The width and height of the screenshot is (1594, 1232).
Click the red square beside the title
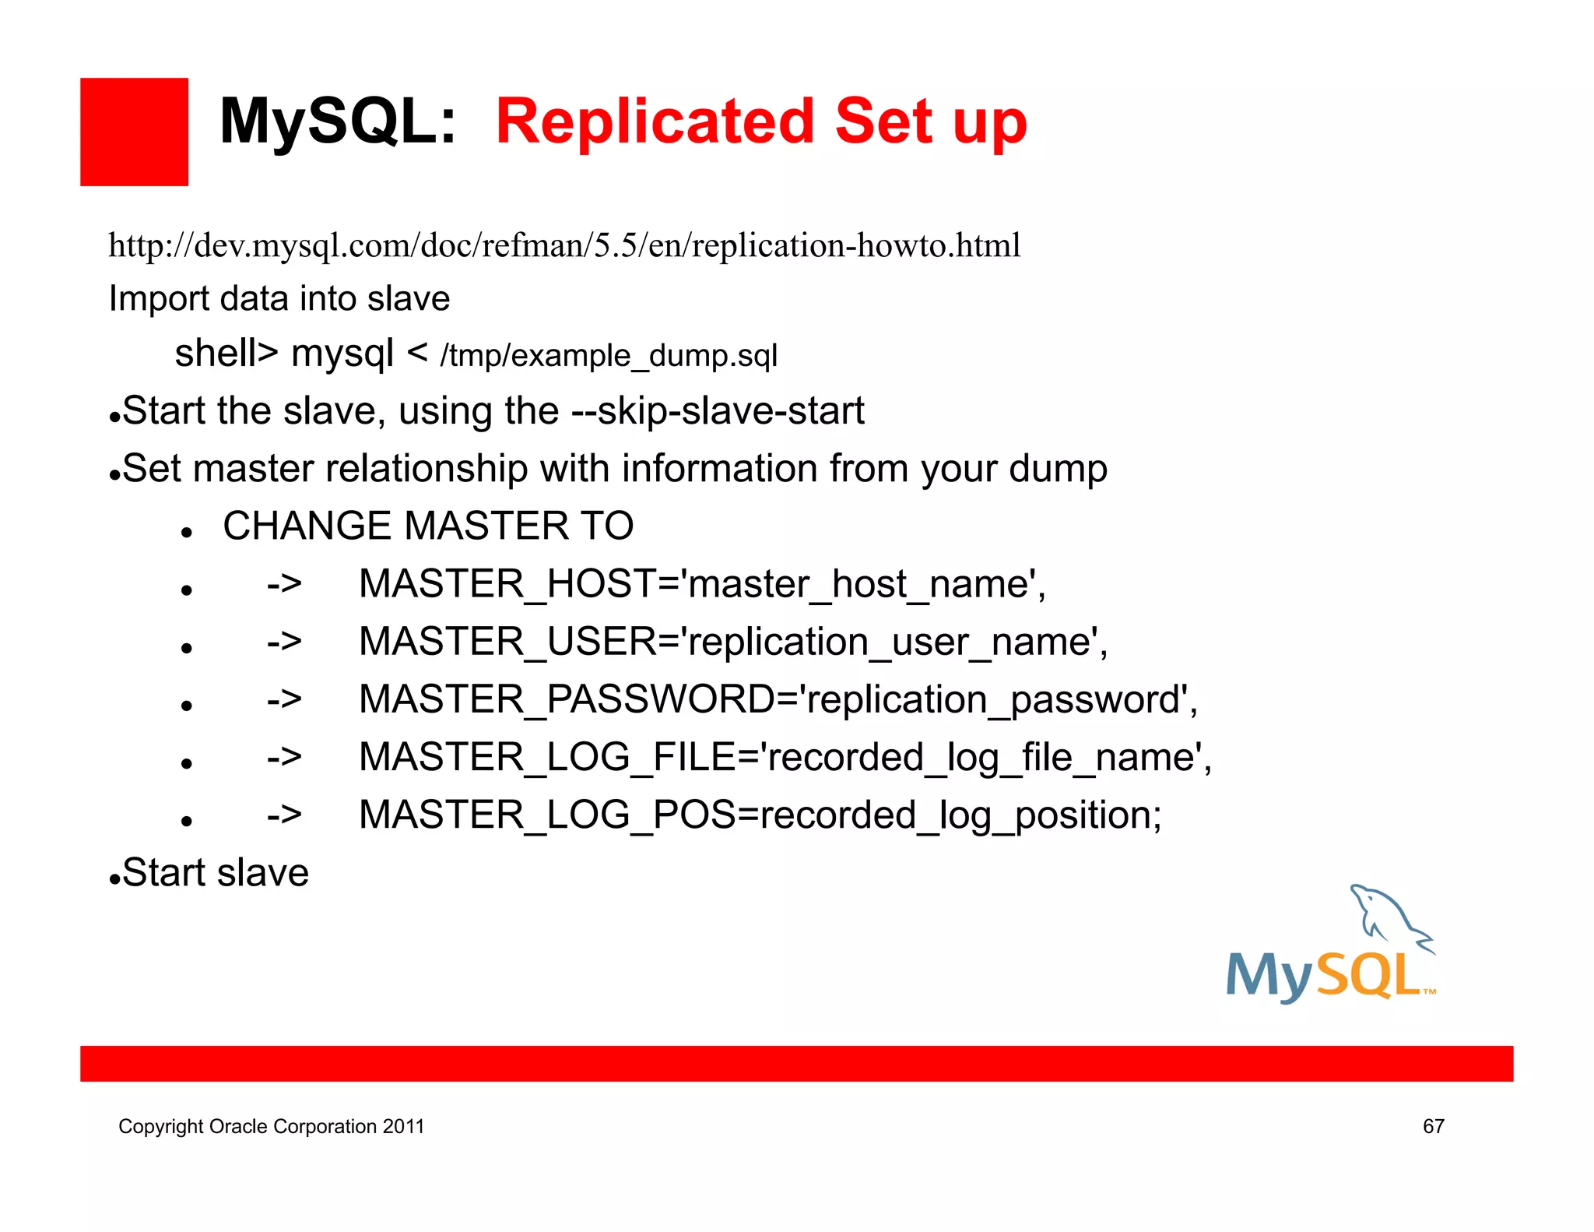(x=134, y=132)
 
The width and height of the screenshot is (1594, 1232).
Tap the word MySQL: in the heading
(x=337, y=122)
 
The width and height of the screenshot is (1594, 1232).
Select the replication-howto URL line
(x=564, y=246)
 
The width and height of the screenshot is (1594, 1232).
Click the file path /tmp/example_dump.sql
(x=609, y=356)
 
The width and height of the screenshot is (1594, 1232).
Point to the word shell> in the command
(x=226, y=353)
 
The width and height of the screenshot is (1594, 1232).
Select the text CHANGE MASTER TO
(x=428, y=526)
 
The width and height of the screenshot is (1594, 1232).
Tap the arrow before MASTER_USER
(x=284, y=642)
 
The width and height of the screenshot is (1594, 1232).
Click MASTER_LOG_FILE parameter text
(x=784, y=757)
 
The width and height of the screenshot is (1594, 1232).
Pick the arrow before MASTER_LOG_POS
(x=284, y=815)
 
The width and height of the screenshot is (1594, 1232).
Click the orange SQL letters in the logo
(x=1369, y=975)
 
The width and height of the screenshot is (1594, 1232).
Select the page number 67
(x=1433, y=1126)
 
